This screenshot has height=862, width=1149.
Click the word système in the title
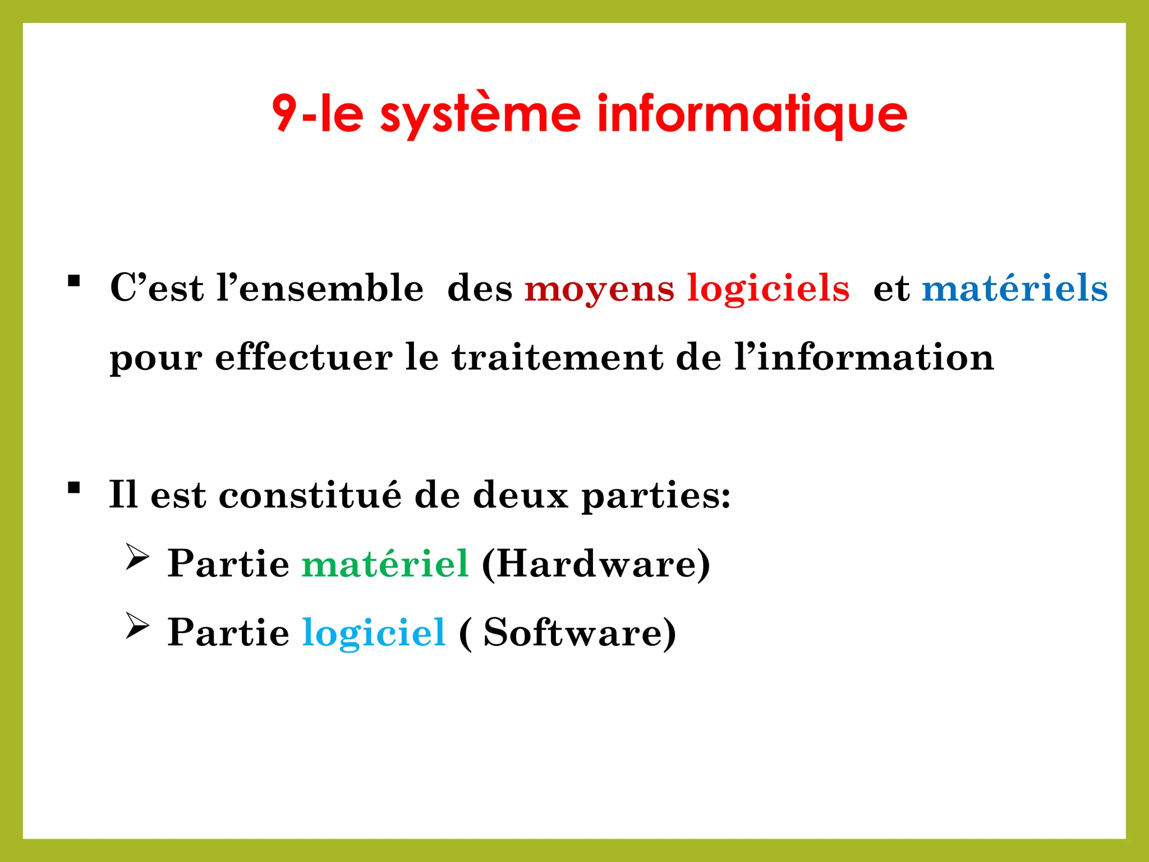480,114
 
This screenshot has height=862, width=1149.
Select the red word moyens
599,290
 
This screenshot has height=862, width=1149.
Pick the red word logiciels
769,290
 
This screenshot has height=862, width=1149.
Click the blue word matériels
1015,288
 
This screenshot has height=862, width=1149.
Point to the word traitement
558,357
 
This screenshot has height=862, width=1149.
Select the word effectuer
304,357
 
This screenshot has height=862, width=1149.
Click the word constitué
310,495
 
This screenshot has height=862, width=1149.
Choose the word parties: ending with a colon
656,496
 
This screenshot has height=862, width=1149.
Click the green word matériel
385,563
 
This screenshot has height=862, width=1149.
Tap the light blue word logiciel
374,633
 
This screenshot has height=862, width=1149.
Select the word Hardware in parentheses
596,563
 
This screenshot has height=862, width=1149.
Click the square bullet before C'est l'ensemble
73,281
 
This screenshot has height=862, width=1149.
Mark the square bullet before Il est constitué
73,488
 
